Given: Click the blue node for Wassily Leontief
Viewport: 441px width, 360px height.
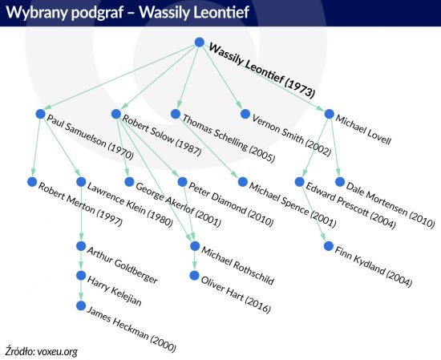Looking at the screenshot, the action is click(200, 42).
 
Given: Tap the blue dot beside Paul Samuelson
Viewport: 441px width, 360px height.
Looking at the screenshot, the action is click(41, 114).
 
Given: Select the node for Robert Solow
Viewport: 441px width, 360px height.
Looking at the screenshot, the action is click(116, 114).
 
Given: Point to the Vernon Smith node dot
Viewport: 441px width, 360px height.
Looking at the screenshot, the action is click(245, 114).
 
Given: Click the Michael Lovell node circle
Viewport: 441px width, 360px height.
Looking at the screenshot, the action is click(329, 114).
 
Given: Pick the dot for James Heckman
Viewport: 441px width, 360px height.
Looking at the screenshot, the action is click(81, 305).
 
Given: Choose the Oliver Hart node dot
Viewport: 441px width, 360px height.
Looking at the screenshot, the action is click(194, 276).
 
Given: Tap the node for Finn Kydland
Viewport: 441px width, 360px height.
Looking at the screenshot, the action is click(329, 246).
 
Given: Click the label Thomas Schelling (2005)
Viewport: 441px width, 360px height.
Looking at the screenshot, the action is click(229, 139).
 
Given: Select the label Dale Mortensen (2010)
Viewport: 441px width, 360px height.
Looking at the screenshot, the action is click(390, 205).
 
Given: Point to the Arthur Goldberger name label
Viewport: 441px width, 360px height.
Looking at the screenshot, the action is click(122, 265).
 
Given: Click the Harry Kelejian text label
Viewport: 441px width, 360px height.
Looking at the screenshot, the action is click(114, 291).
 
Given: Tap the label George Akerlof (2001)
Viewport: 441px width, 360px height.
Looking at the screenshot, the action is click(178, 205).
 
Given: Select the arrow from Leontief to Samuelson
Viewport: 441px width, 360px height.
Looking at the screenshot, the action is click(120, 77).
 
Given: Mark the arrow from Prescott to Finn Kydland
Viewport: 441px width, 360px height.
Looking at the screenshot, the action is click(314, 214).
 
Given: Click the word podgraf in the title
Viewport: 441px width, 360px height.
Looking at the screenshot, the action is click(97, 12).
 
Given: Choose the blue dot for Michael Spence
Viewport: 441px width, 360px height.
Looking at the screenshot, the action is click(242, 182).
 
